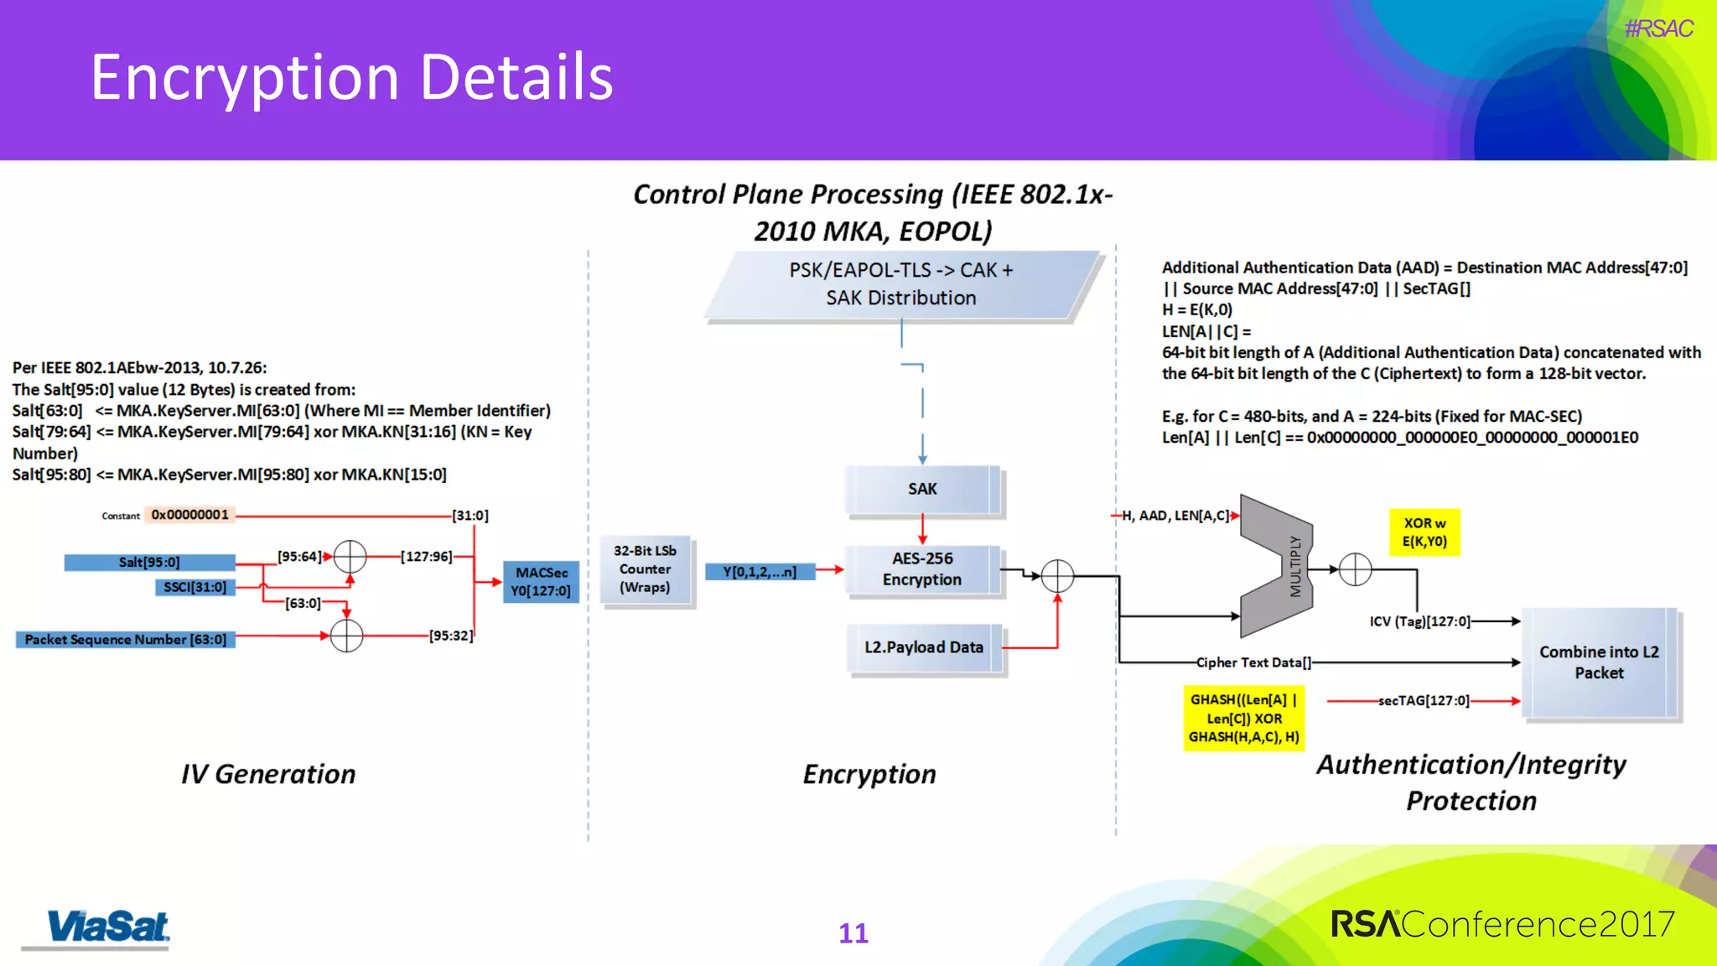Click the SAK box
pyautogui.click(x=922, y=489)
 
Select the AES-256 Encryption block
pyautogui.click(x=922, y=569)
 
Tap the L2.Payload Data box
pyautogui.click(x=924, y=647)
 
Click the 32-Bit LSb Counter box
pyautogui.click(x=645, y=569)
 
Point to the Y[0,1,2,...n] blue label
pyautogui.click(x=760, y=572)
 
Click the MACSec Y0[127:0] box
pyautogui.click(x=541, y=582)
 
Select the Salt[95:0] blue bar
pyautogui.click(x=149, y=563)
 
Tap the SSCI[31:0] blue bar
pyautogui.click(x=195, y=587)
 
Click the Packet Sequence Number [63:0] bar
pyautogui.click(x=126, y=640)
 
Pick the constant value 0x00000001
pyautogui.click(x=189, y=515)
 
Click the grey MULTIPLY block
pyautogui.click(x=1277, y=567)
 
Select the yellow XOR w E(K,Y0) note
pyautogui.click(x=1424, y=532)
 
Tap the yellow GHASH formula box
pyautogui.click(x=1244, y=718)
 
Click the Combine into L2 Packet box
pyautogui.click(x=1599, y=662)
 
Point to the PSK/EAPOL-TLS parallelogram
pyautogui.click(x=901, y=284)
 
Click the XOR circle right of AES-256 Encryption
pyautogui.click(x=1057, y=576)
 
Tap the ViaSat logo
pyautogui.click(x=107, y=927)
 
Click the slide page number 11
pyautogui.click(x=853, y=933)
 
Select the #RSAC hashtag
pyautogui.click(x=1658, y=29)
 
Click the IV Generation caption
pyautogui.click(x=268, y=774)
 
